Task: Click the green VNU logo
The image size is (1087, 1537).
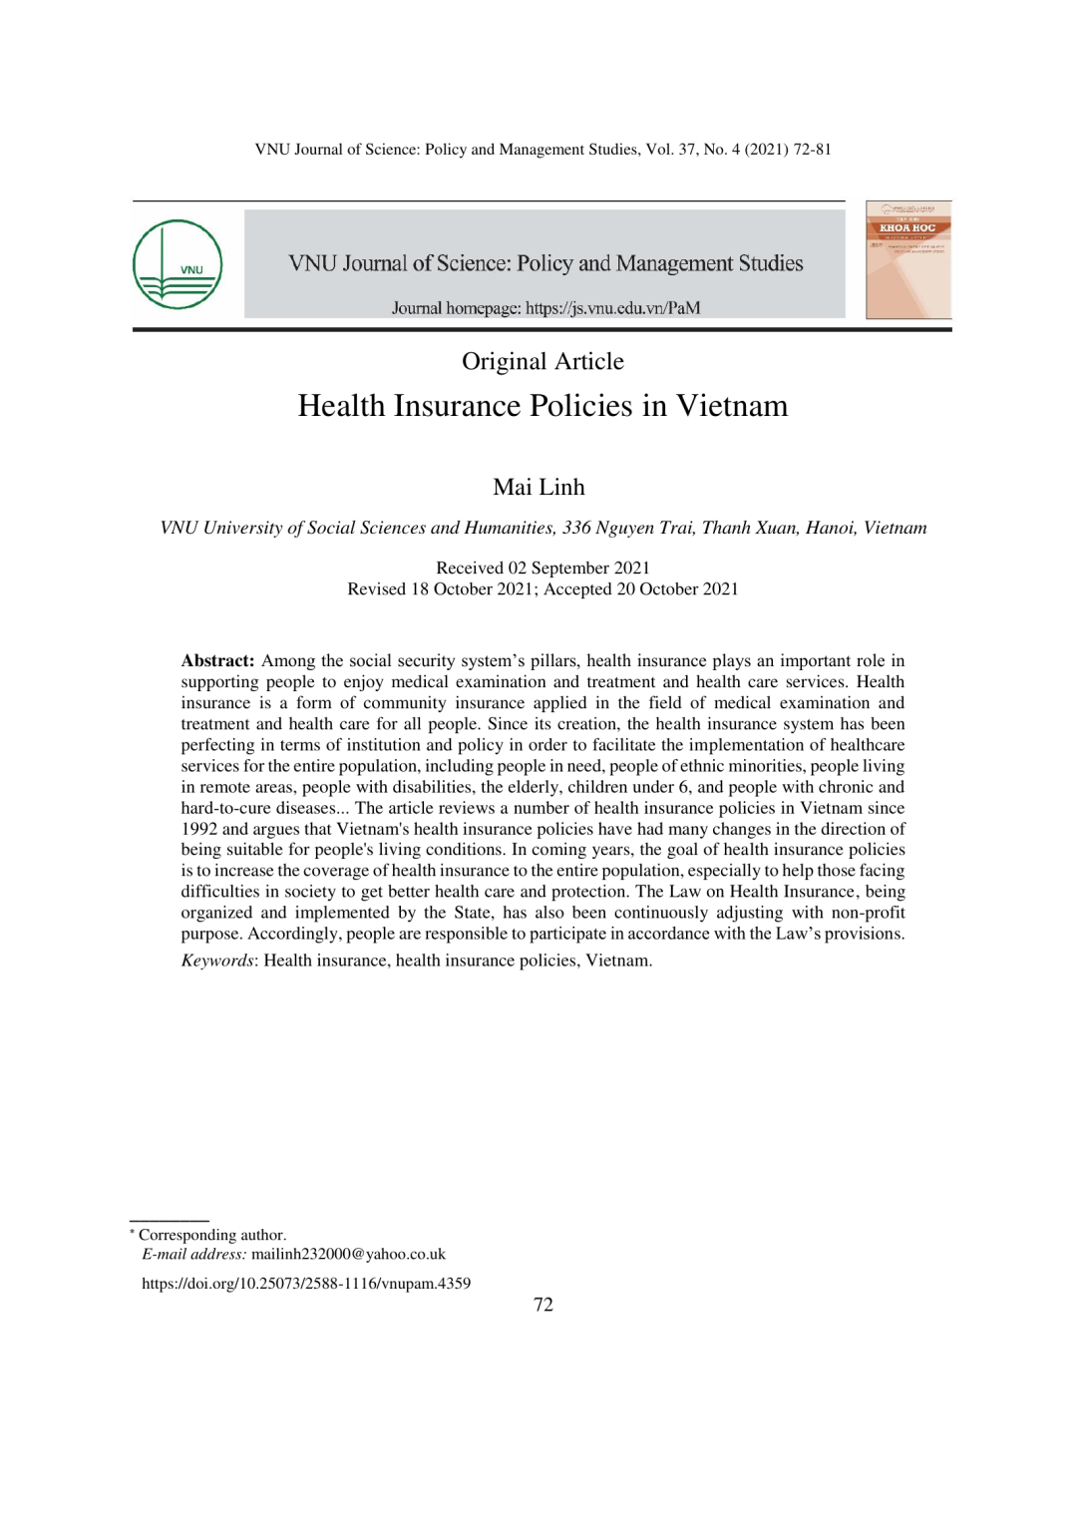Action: coord(178,264)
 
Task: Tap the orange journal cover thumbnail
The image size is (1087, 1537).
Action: coord(907,259)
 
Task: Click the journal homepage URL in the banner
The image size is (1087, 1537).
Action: coord(612,308)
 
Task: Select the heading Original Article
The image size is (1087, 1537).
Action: coord(543,361)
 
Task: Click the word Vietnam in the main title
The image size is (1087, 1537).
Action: coord(732,406)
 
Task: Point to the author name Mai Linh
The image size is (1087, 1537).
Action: coord(539,487)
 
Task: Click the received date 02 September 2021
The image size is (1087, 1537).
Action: coord(578,568)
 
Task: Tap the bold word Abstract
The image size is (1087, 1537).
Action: coord(217,660)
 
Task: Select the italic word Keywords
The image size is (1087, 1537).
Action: coord(217,961)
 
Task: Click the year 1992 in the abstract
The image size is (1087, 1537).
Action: coord(198,829)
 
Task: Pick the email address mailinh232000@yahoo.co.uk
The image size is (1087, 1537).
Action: coord(348,1254)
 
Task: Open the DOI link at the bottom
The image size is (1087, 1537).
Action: coord(306,1284)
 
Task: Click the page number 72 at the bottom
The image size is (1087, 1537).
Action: coord(543,1305)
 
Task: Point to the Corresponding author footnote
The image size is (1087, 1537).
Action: coord(211,1235)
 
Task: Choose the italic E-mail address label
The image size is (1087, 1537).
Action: coord(193,1254)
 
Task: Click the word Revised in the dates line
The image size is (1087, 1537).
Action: coord(376,588)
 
